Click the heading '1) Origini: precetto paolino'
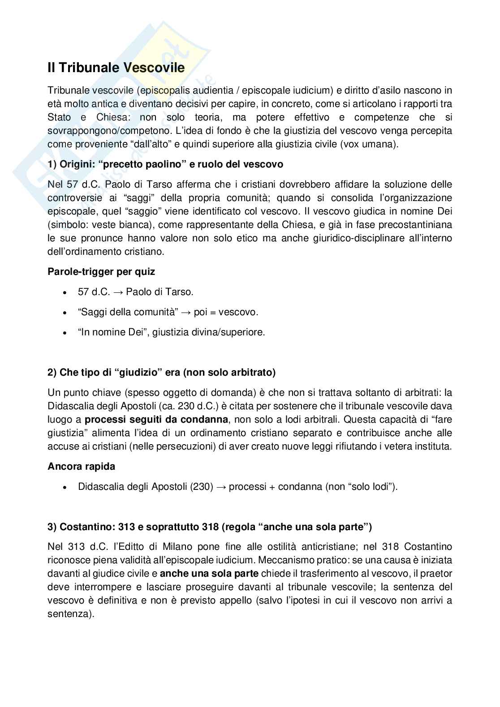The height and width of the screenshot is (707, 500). click(165, 164)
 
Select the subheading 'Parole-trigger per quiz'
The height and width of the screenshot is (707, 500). click(101, 271)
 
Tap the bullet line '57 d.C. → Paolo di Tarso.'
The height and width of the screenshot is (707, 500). click(135, 292)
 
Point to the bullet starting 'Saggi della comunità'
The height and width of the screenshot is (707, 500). click(168, 312)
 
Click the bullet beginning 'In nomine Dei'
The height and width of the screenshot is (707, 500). click(171, 332)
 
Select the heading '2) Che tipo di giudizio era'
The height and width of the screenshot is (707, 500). click(161, 372)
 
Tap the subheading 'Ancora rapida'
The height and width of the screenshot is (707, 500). click(81, 466)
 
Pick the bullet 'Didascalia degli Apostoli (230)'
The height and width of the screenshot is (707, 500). click(237, 487)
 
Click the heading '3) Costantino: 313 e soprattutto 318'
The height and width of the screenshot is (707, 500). click(210, 527)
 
